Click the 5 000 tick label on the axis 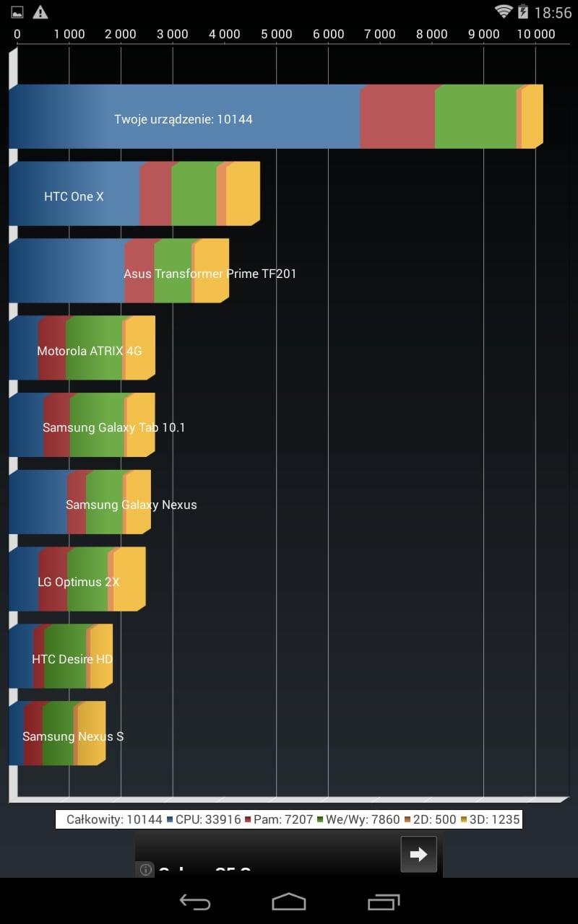click(277, 34)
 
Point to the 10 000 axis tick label click(535, 34)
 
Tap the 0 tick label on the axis click(17, 34)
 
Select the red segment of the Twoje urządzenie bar click(397, 117)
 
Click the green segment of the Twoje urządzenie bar click(475, 117)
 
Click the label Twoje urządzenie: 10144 click(184, 119)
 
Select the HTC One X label click(74, 196)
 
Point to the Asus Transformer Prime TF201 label click(210, 274)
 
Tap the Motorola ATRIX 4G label click(90, 351)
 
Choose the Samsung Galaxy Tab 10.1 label click(113, 427)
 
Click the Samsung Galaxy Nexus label click(131, 505)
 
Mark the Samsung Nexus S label click(73, 736)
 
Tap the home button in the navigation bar click(289, 901)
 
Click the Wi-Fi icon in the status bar click(503, 12)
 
